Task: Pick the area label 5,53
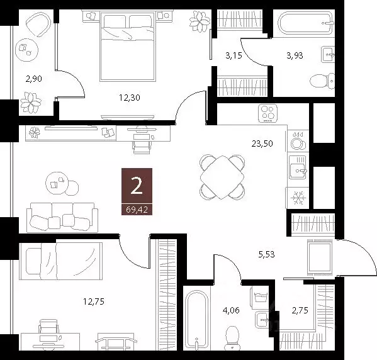267,255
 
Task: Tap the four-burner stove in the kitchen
268,114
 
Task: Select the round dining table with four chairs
221,176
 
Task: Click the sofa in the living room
61,217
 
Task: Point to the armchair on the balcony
38,26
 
